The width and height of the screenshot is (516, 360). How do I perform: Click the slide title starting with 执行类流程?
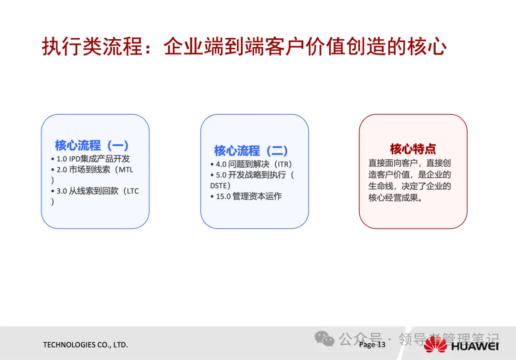[x=244, y=46]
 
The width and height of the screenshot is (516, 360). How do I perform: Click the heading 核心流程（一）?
[x=92, y=145]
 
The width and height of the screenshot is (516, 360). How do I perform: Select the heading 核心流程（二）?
[x=251, y=151]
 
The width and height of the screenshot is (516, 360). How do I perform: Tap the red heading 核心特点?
[x=413, y=149]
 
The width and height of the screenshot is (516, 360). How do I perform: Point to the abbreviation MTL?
[x=126, y=170]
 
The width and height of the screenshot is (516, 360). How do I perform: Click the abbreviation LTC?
[x=133, y=191]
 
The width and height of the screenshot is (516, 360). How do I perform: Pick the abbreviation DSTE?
[x=218, y=185]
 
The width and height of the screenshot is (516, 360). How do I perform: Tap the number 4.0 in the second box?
[x=221, y=164]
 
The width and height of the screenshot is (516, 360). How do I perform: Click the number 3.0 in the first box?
[x=62, y=191]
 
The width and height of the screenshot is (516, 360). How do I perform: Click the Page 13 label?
[x=372, y=345]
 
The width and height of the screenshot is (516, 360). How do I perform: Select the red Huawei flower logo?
[x=435, y=345]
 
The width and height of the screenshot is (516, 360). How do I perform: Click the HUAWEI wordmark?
[x=475, y=346]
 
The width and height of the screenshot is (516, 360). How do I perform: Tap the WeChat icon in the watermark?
[x=324, y=338]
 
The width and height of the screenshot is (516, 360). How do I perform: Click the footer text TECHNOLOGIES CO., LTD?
[x=85, y=345]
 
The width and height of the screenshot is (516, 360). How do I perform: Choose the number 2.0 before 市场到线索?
[x=62, y=170]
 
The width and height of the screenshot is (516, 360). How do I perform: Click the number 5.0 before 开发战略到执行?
[x=221, y=175]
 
